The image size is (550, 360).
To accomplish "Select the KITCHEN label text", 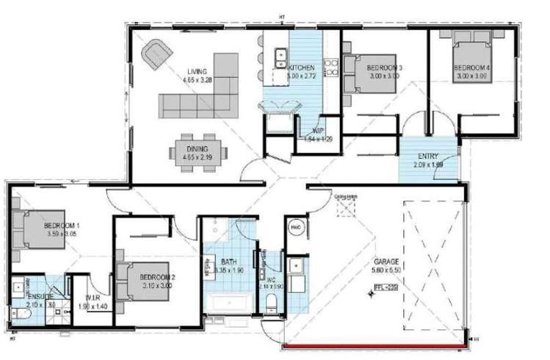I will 301,68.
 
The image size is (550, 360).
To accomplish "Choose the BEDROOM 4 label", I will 472,68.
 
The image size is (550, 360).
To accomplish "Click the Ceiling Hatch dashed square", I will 345,209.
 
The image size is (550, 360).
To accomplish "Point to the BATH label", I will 228,261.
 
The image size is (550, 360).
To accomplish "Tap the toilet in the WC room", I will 272,303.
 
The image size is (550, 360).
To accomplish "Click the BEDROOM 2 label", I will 156,266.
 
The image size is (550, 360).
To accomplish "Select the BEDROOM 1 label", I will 61,224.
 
